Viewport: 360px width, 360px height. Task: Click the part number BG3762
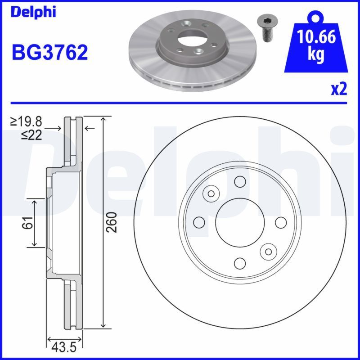pos(49,53)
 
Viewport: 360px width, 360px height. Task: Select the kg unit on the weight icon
pos(316,55)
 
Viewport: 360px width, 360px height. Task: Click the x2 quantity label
pos(339,89)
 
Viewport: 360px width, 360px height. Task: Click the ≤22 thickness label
pos(31,135)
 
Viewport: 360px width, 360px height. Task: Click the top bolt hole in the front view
pos(240,181)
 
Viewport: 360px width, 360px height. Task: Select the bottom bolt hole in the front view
pos(240,263)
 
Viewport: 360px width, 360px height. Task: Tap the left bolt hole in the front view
pos(199,222)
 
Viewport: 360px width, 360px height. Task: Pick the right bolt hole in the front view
pos(280,222)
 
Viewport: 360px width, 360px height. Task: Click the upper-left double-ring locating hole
pos(211,193)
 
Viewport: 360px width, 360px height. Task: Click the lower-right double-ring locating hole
pos(269,251)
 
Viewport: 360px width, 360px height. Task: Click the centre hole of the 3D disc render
pos(186,38)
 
